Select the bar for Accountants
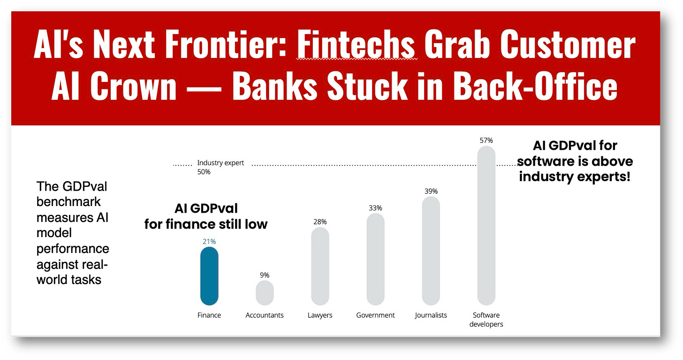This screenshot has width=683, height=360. [x=265, y=293]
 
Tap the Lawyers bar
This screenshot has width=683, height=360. [x=320, y=267]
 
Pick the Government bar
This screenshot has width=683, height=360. [x=375, y=260]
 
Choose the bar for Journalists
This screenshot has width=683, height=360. [x=431, y=251]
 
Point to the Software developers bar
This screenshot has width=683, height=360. [x=486, y=226]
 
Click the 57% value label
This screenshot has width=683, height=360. [x=486, y=140]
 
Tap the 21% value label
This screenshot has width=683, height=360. [x=209, y=241]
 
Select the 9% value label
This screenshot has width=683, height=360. [x=265, y=275]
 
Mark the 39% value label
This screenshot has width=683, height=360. [x=431, y=191]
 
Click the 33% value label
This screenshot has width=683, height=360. [x=375, y=208]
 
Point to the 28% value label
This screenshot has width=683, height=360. [x=320, y=222]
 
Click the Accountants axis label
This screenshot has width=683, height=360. [x=265, y=315]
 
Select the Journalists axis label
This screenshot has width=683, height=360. [x=431, y=315]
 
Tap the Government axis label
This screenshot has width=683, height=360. [x=375, y=315]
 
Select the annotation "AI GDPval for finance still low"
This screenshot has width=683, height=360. [x=206, y=216]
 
